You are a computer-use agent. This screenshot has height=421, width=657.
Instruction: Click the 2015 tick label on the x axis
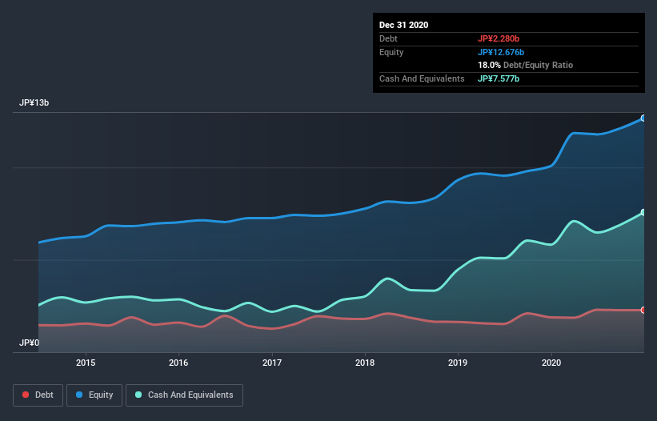click(86, 362)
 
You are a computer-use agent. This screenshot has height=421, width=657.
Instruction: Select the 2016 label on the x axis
click(178, 362)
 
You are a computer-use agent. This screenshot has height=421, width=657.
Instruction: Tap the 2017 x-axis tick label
click(272, 362)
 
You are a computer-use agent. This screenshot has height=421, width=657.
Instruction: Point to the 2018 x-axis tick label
click(365, 362)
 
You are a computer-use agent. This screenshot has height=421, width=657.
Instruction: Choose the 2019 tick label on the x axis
click(459, 362)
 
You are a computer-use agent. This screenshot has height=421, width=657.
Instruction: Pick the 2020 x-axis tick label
click(551, 362)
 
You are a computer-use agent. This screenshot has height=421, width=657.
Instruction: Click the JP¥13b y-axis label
click(37, 103)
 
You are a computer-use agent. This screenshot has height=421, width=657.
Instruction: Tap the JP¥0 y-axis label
click(30, 343)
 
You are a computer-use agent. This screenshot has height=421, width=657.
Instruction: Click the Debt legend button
click(38, 395)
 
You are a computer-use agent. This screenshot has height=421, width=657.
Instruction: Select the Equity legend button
click(94, 395)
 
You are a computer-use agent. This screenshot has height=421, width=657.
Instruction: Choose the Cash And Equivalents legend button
click(184, 395)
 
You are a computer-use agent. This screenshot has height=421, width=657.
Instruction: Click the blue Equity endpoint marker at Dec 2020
click(643, 118)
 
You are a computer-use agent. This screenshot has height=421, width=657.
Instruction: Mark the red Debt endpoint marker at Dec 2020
click(643, 310)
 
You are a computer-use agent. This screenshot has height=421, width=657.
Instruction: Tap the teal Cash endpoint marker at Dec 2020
click(643, 213)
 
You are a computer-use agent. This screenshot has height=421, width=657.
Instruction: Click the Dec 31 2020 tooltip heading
click(404, 25)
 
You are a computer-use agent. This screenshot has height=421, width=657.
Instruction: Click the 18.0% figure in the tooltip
click(490, 65)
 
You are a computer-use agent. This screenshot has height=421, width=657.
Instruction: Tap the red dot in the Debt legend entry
click(26, 395)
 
